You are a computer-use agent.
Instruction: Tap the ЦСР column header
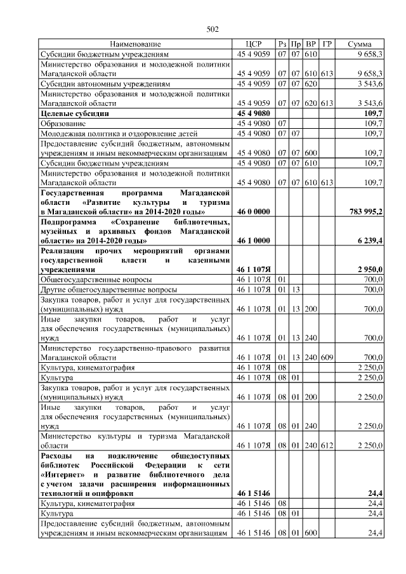(254, 44)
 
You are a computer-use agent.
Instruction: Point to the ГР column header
(327, 44)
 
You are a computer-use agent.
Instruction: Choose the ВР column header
(311, 44)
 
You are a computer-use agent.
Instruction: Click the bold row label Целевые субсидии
(73, 113)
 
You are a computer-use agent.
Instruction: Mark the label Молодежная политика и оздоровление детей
(119, 134)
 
